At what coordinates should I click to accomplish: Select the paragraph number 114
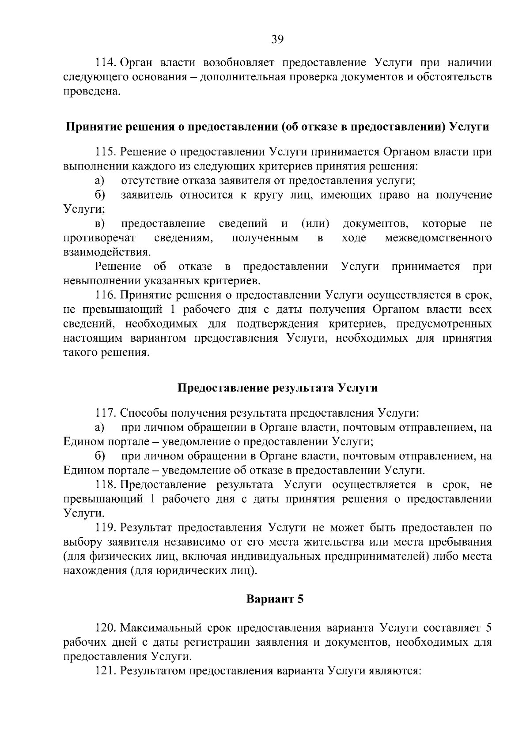click(x=106, y=63)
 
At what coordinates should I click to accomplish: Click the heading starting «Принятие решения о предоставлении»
click(x=277, y=127)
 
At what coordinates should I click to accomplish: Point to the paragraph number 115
click(x=106, y=152)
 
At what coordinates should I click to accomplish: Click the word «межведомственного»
click(x=438, y=238)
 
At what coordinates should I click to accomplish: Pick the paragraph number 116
click(x=106, y=295)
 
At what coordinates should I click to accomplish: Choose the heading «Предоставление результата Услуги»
click(x=277, y=388)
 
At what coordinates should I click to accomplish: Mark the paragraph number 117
click(x=106, y=414)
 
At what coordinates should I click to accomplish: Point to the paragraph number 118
click(x=106, y=485)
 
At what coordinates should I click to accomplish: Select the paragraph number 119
click(x=106, y=527)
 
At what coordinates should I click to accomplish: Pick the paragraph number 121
click(x=106, y=671)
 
